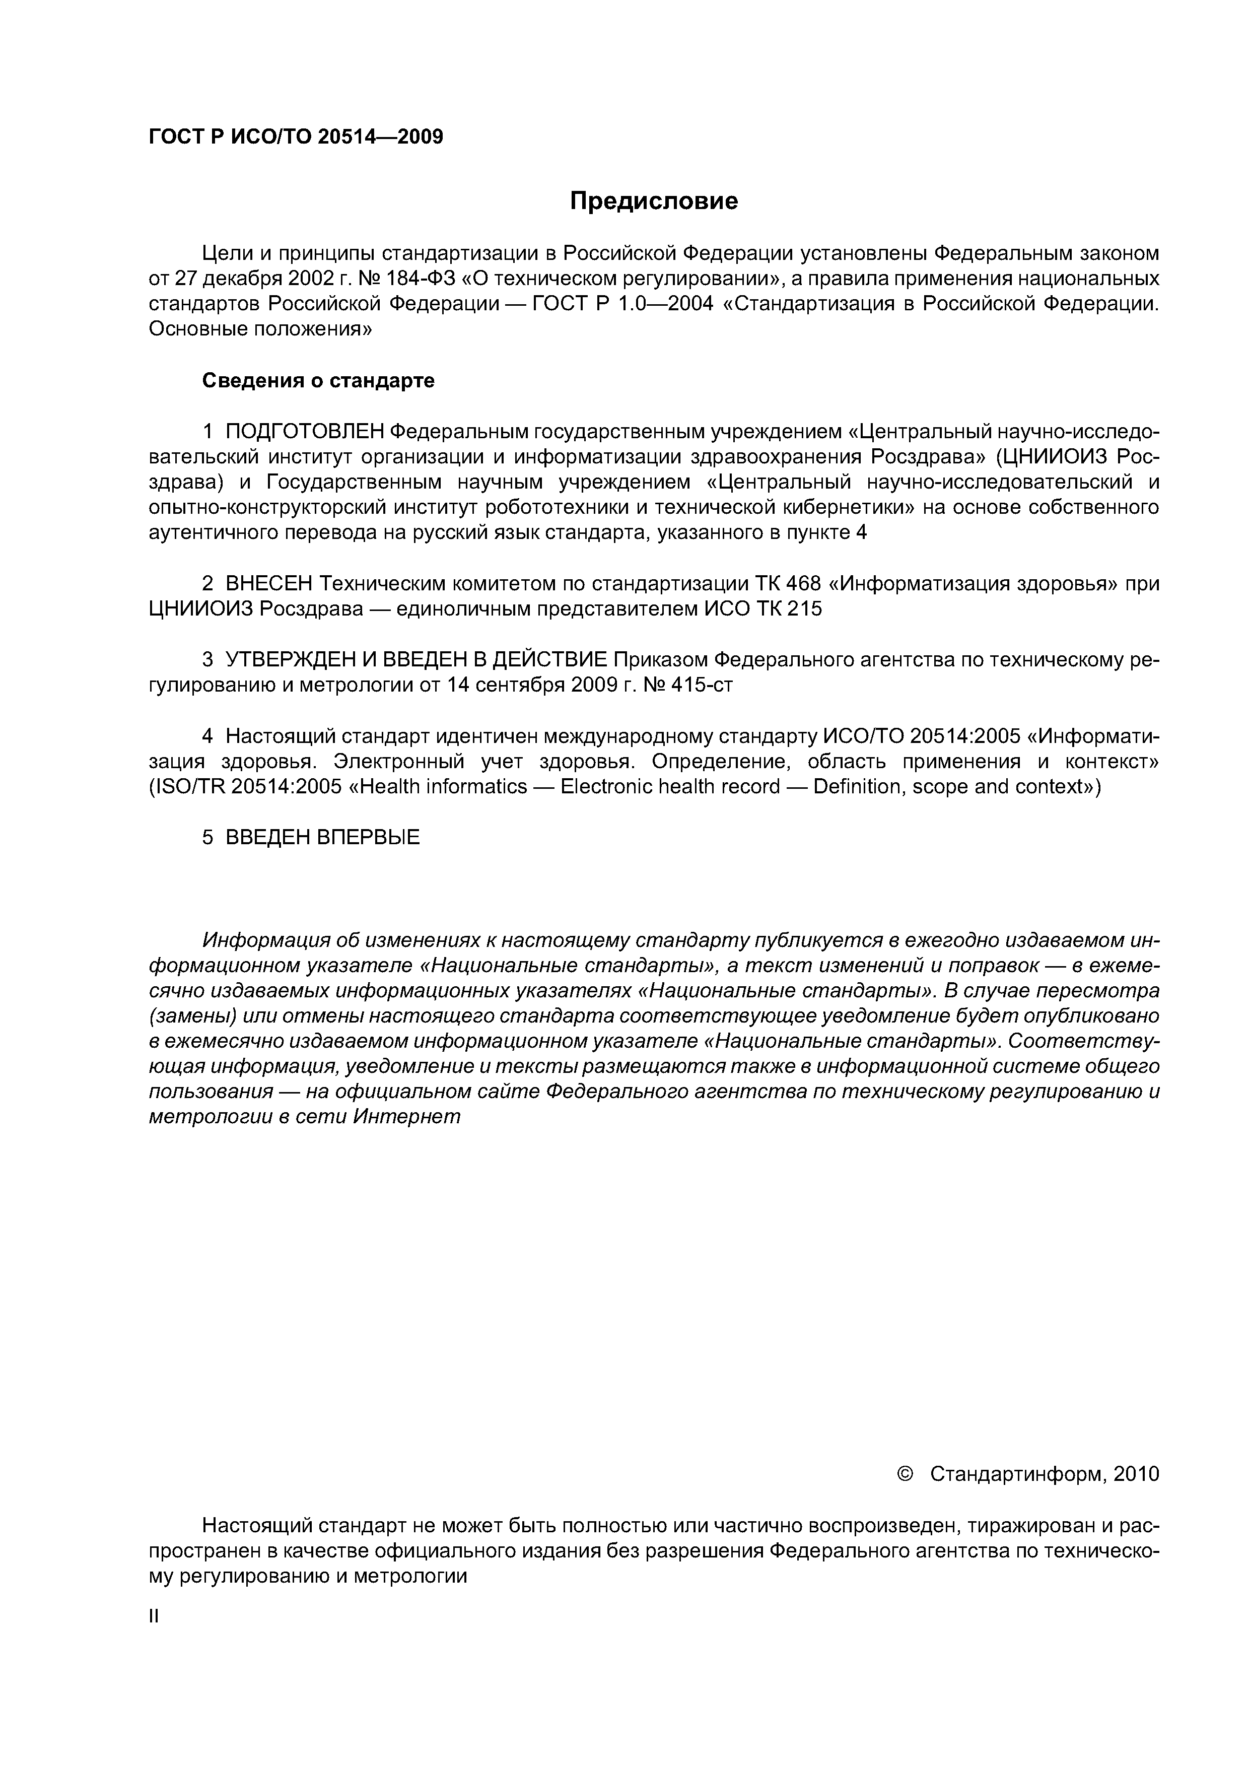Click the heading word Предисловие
(x=653, y=201)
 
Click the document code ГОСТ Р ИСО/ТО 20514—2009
(x=296, y=137)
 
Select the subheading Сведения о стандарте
(x=318, y=380)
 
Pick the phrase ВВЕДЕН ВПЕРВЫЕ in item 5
(x=322, y=837)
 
